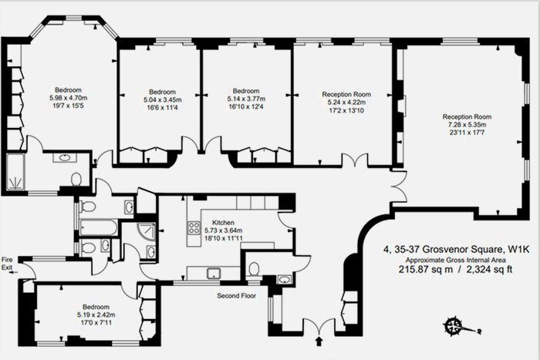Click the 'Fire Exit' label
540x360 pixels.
pos(8,263)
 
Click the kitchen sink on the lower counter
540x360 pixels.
pos(213,272)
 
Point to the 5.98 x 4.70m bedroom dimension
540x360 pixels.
pos(68,98)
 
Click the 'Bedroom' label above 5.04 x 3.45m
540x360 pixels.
pos(161,90)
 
